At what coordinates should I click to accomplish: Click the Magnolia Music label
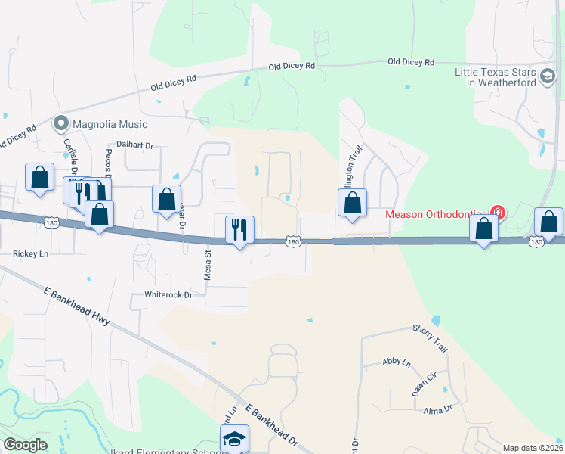(x=110, y=123)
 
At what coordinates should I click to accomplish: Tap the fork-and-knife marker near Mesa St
(x=240, y=229)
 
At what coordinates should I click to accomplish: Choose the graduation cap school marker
(x=234, y=438)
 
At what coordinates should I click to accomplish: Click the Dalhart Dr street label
(x=134, y=145)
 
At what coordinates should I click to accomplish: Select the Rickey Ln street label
(x=30, y=253)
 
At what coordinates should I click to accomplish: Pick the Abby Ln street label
(x=397, y=363)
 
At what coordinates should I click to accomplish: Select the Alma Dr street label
(x=437, y=409)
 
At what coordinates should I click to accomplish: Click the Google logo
(x=25, y=445)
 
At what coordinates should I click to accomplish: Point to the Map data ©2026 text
(x=533, y=448)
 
